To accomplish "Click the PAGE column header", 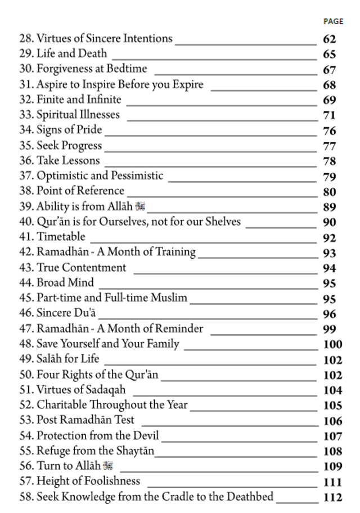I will coord(333,21).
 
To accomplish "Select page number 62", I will coord(330,39).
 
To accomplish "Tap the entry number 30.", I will coord(26,69).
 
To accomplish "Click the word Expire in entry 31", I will coord(186,85).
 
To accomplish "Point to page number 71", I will coord(330,116).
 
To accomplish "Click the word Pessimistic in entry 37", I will coord(137,176).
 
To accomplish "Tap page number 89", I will coord(330,207).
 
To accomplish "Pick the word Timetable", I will coord(61,237).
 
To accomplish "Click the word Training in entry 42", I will coord(174,252).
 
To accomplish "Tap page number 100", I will coord(332,344).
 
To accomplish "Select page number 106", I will coord(332,421).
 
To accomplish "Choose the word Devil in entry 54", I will coord(146,436).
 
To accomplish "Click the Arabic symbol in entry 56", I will coord(109,466).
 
